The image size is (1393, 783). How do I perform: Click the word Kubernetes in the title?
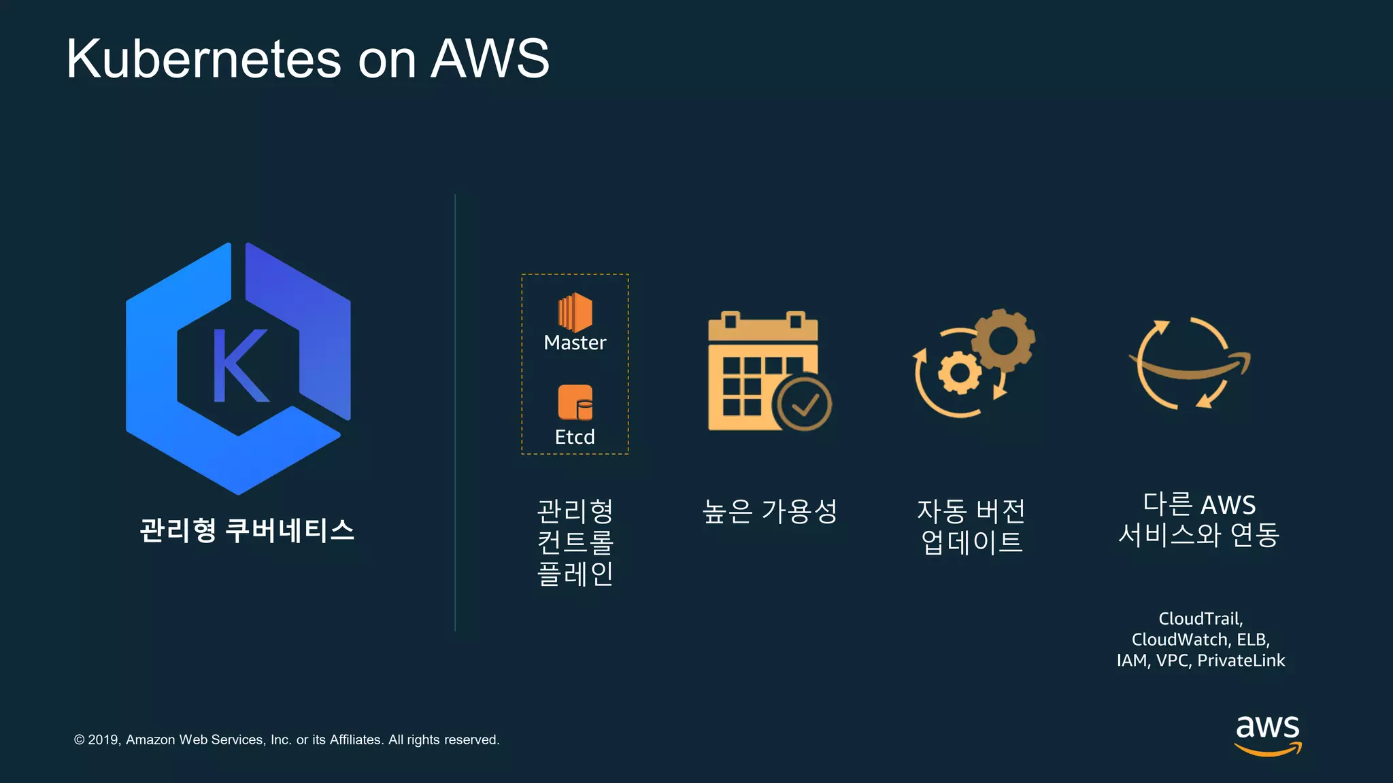203,59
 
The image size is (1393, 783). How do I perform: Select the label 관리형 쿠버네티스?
247,530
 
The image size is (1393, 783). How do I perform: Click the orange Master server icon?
575,313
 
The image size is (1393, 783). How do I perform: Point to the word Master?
575,343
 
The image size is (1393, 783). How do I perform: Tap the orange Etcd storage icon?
575,402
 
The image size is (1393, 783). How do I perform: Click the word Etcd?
575,437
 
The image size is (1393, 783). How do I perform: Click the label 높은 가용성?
769,511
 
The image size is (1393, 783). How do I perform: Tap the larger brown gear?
1003,340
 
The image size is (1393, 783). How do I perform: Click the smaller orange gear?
960,372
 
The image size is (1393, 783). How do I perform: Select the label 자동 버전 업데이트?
971,527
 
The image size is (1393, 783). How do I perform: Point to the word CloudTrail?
1200,619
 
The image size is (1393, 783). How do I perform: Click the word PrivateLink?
1241,661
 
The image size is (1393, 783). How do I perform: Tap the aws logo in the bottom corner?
1267,734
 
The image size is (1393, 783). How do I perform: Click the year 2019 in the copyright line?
103,739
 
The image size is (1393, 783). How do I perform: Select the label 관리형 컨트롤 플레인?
575,542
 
